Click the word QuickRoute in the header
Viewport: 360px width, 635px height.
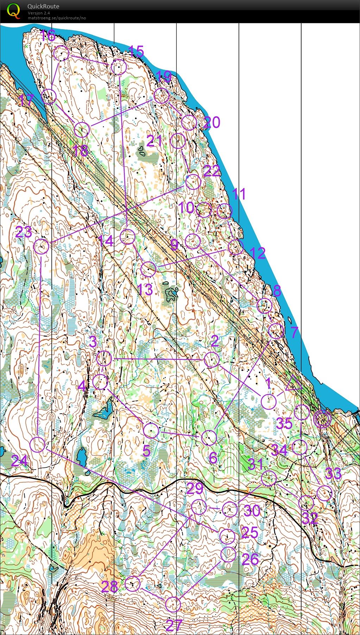coord(43,6)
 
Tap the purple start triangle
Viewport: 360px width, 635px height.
coord(293,384)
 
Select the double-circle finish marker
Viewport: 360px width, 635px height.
coord(322,419)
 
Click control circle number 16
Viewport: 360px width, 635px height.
coord(62,54)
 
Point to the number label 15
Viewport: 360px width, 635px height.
coord(136,52)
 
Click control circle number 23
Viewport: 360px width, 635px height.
coord(42,246)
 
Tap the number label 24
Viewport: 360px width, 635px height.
coord(19,461)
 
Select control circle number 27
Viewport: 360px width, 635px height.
coord(173,604)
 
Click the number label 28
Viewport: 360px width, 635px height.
coord(109,587)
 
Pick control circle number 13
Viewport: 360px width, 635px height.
coord(148,269)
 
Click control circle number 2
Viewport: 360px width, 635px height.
coord(212,359)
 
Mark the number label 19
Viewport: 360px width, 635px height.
coord(163,76)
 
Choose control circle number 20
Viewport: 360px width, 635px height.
coord(189,122)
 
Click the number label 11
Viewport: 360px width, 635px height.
coord(239,194)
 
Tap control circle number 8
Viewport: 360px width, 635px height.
coord(264,306)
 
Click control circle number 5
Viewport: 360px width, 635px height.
coord(151,430)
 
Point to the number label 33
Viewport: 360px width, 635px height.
coord(333,474)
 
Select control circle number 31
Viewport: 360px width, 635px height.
coord(269,479)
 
